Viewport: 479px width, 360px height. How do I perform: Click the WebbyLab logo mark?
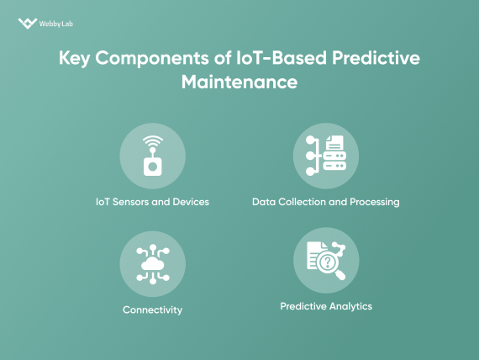pyautogui.click(x=27, y=24)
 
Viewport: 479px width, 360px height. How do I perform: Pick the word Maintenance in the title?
pyautogui.click(x=239, y=83)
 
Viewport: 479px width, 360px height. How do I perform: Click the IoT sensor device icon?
pyautogui.click(x=152, y=165)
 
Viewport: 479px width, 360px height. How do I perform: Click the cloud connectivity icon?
pyautogui.click(x=152, y=263)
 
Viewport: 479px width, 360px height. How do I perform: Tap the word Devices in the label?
pyautogui.click(x=190, y=202)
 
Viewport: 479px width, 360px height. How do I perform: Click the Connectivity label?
pyautogui.click(x=152, y=310)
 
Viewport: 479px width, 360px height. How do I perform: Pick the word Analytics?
pyautogui.click(x=348, y=306)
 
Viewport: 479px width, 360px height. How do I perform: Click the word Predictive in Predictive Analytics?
pyautogui.click(x=301, y=306)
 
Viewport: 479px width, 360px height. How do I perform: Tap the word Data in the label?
pyautogui.click(x=264, y=202)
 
